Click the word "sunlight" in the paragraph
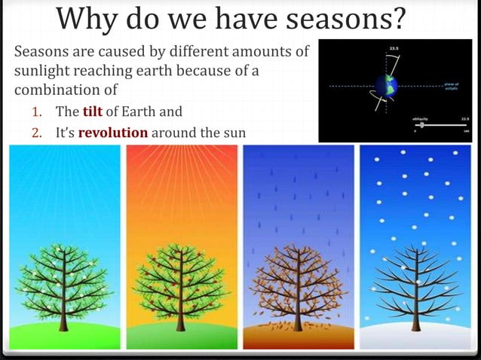click(x=44, y=72)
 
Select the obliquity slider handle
click(x=421, y=125)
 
